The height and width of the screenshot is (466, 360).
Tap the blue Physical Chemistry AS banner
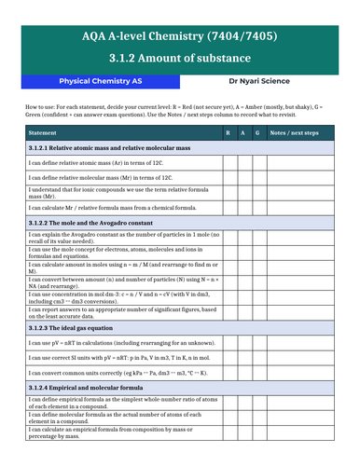tap(103, 81)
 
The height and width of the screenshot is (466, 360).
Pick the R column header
tap(228, 134)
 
